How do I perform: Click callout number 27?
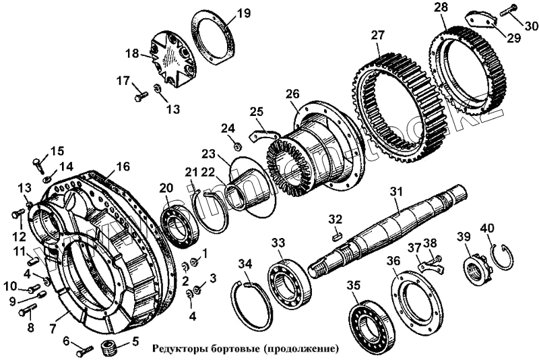(x=377, y=35)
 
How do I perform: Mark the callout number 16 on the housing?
(x=123, y=167)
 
